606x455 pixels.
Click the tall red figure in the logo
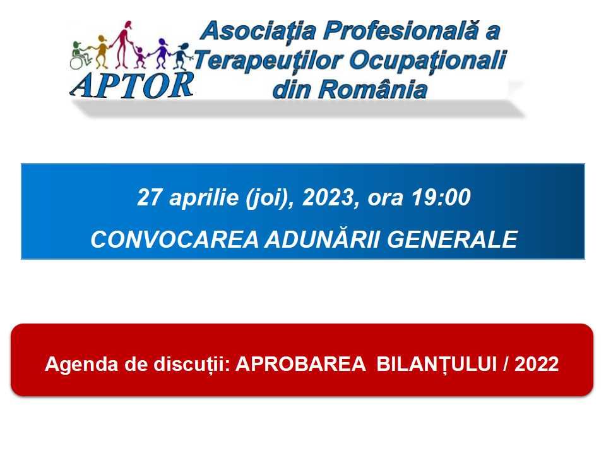coord(124,44)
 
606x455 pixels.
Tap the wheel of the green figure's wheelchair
coord(76,63)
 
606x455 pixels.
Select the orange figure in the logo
coord(101,51)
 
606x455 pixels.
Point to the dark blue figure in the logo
coord(181,56)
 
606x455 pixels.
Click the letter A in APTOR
coord(81,85)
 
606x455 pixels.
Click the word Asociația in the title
coord(259,31)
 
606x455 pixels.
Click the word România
coord(372,89)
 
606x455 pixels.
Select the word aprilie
coord(204,198)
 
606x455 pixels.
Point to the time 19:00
coord(441,197)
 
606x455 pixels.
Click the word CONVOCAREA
coord(175,240)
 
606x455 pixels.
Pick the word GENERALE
coord(453,240)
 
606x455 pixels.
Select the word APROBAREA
coord(300,364)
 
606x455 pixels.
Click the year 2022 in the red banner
coord(537,364)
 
